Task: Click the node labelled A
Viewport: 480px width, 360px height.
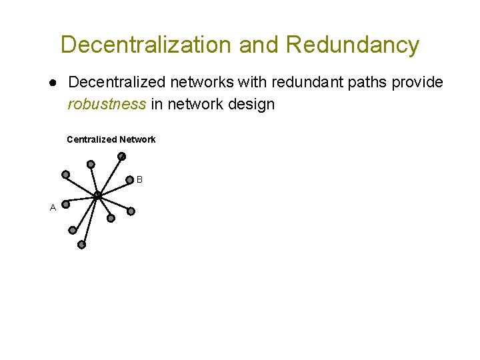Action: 66,205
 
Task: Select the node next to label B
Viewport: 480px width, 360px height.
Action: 130,179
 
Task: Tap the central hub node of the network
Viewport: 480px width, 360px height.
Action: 97,195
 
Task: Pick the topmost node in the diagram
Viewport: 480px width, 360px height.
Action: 121,157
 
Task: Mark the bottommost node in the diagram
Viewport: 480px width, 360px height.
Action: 82,245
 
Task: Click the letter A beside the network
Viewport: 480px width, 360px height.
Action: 53,207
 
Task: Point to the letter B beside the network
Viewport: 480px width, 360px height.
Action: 139,179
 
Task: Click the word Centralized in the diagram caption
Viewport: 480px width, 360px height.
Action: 91,139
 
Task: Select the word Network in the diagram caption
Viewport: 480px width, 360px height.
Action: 137,139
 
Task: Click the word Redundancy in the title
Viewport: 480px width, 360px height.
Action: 353,45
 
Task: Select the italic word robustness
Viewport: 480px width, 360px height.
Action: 107,105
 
